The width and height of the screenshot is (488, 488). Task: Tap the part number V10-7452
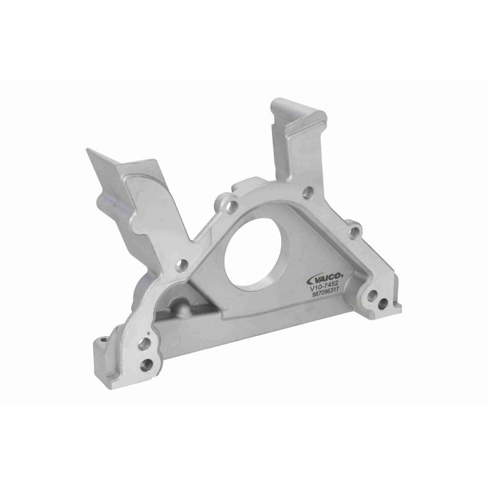[324, 288]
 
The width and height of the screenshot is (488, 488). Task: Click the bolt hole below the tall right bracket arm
[307, 191]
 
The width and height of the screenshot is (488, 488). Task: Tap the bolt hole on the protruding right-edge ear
[354, 232]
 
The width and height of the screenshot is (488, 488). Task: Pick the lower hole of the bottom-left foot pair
[146, 364]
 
